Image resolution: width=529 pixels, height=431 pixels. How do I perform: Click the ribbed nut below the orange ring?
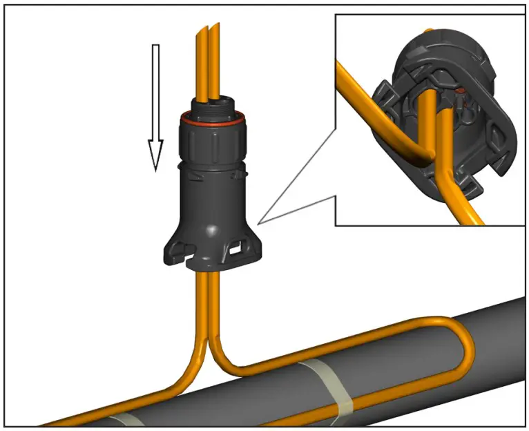pos(211,142)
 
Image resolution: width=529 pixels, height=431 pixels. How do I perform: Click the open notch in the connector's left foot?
pos(179,249)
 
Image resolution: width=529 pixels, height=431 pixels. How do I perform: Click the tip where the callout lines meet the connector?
pos(258,222)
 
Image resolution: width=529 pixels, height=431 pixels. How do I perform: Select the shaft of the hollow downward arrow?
pos(155,90)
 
